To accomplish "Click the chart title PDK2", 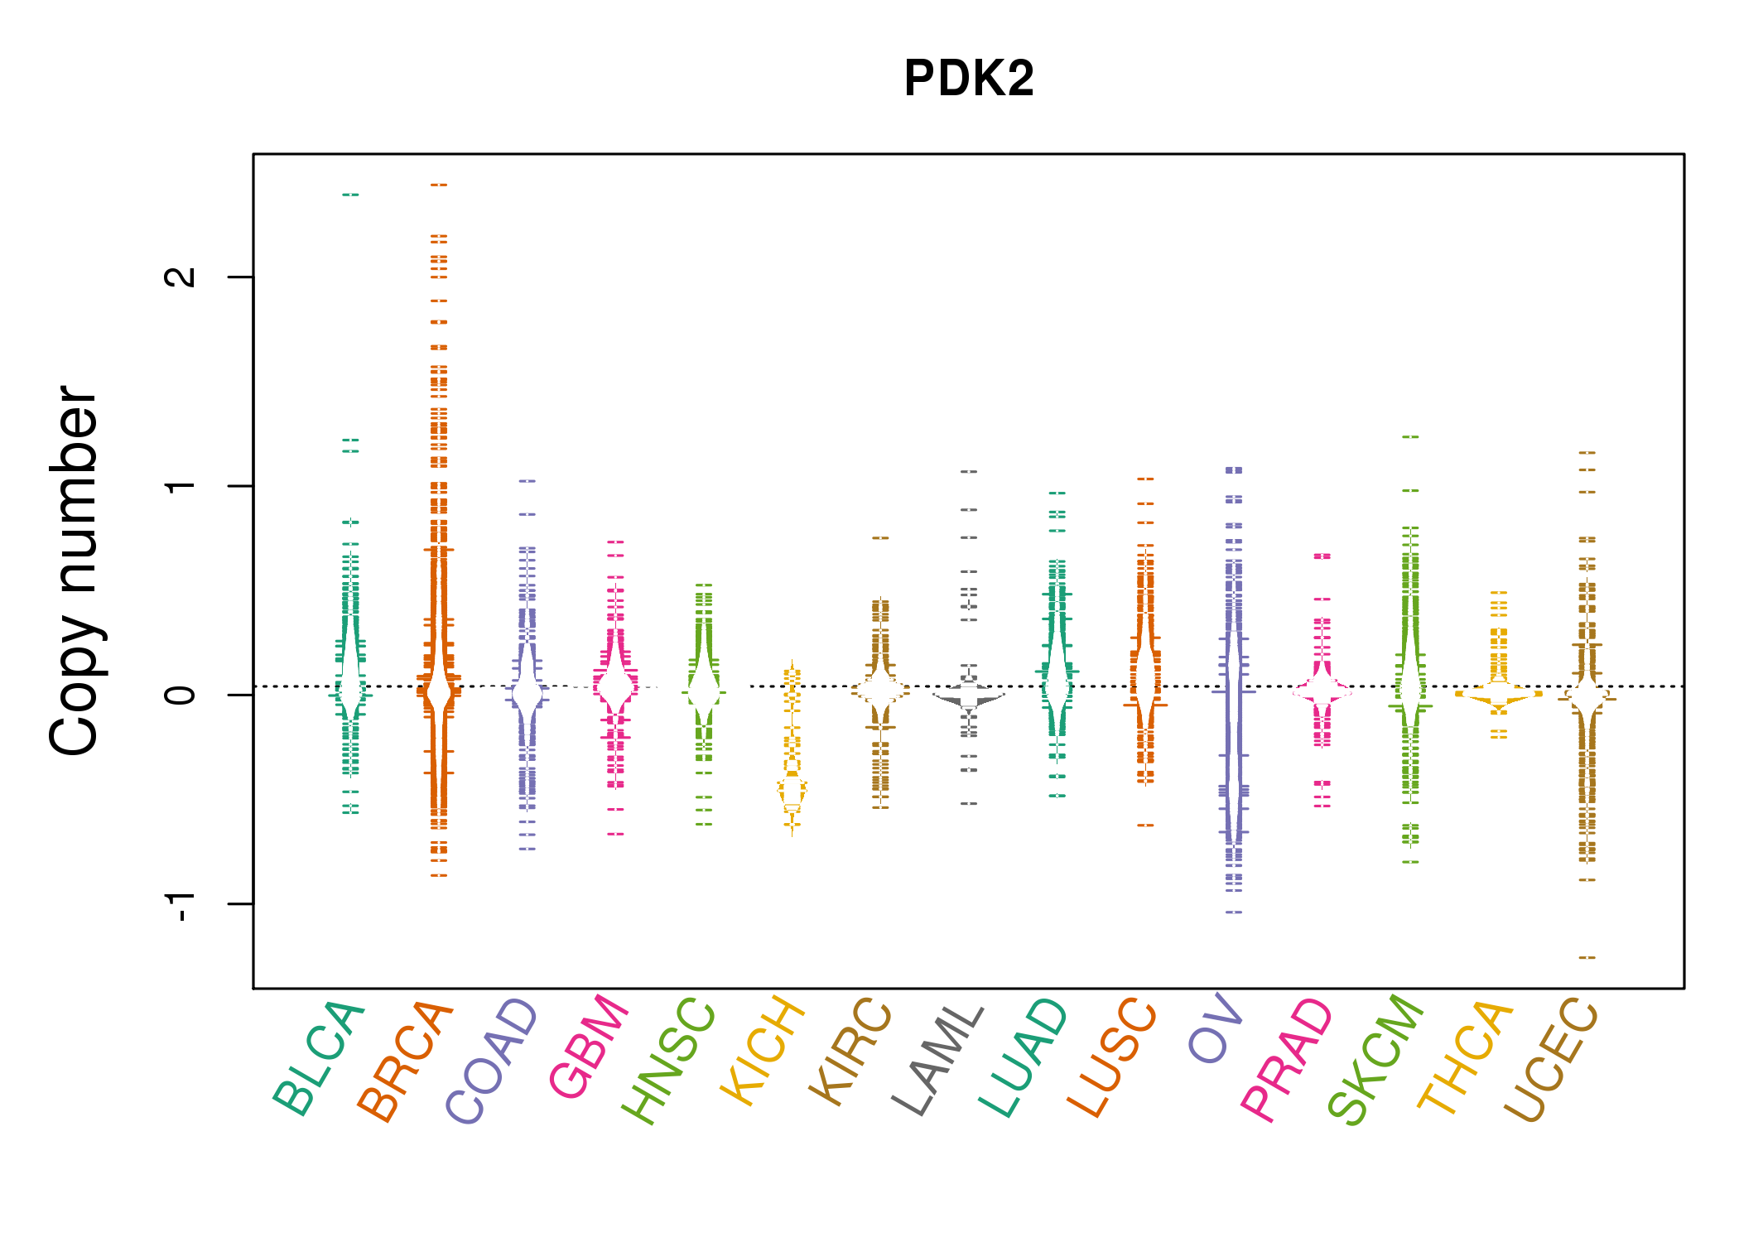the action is tap(969, 79).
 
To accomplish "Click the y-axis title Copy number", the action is tap(74, 570).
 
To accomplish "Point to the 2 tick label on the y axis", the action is tap(181, 277).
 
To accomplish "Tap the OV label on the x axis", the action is tap(1216, 1028).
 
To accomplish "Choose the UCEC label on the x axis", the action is tap(1551, 1060).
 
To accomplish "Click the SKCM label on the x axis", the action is tap(1375, 1060).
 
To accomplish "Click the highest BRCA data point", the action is tap(439, 185).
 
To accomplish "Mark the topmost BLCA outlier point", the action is tap(350, 195).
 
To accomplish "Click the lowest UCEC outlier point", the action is tap(1587, 957).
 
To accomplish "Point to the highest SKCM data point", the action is tap(1410, 436).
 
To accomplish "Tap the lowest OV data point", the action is tap(1234, 912).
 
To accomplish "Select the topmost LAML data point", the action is tap(969, 471).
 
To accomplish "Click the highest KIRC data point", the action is tap(880, 537).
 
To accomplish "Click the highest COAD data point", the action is tap(527, 480).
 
